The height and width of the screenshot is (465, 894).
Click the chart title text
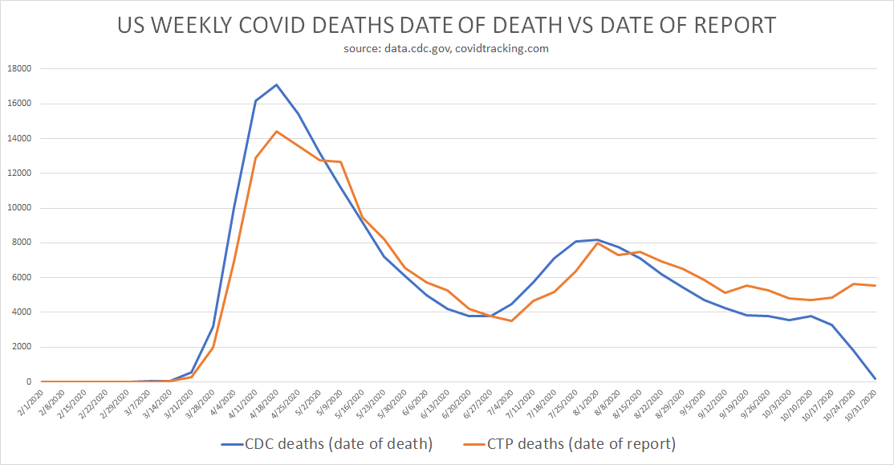click(x=446, y=25)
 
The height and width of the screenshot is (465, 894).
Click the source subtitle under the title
click(x=447, y=48)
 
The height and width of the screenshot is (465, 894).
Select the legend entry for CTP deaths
click(x=569, y=443)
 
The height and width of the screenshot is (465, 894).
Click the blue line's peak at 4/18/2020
click(x=277, y=84)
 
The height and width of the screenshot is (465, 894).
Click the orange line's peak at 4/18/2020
click(x=277, y=131)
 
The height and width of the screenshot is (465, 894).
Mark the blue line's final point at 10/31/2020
click(x=875, y=379)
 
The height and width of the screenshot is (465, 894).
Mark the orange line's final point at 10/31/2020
click(x=875, y=286)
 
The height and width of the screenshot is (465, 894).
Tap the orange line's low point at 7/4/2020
click(x=511, y=321)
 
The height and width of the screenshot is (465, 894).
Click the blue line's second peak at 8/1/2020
click(x=596, y=239)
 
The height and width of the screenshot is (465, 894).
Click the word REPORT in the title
click(x=729, y=25)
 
